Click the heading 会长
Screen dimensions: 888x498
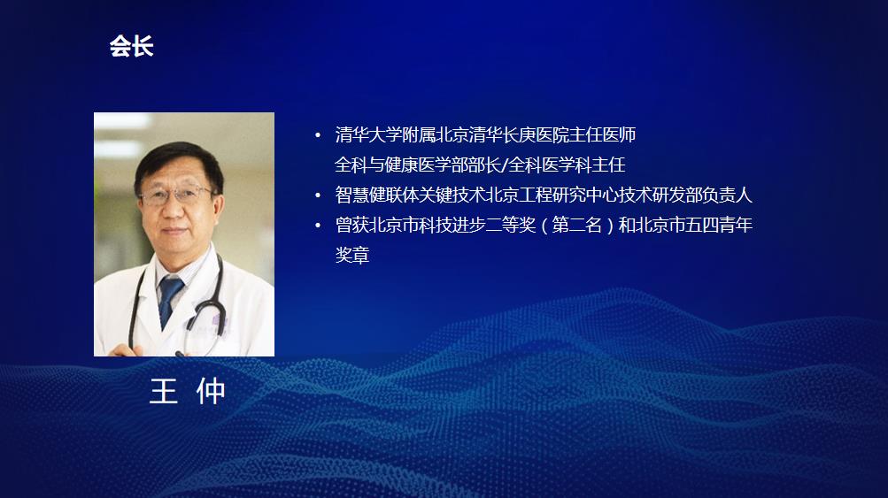(x=131, y=46)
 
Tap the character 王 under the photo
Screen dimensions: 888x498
(x=163, y=391)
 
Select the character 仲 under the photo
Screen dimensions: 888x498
(x=211, y=391)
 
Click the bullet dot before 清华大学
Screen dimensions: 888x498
(x=318, y=135)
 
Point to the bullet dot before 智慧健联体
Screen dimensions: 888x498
(x=318, y=195)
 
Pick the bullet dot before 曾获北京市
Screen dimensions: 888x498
(x=318, y=226)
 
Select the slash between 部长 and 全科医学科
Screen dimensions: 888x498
(x=506, y=165)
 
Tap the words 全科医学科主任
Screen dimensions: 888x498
(x=567, y=165)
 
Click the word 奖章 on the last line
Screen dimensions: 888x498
(x=352, y=256)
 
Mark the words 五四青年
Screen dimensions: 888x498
(x=719, y=226)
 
